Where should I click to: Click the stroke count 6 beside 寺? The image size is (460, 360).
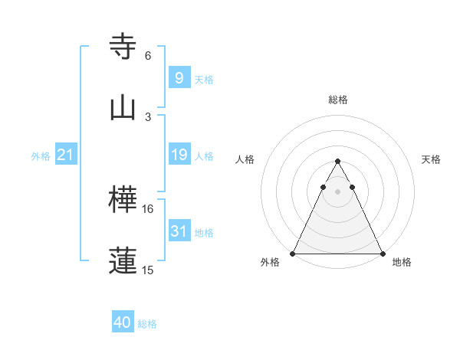pyautogui.click(x=148, y=55)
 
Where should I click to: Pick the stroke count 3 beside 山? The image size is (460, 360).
pyautogui.click(x=148, y=116)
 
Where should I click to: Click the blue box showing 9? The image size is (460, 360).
pyautogui.click(x=179, y=77)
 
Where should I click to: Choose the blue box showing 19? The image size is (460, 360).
pyautogui.click(x=179, y=155)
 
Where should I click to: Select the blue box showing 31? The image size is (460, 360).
pyautogui.click(x=179, y=231)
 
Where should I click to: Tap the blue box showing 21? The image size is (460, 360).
pyautogui.click(x=66, y=155)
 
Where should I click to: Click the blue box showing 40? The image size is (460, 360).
pyautogui.click(x=123, y=322)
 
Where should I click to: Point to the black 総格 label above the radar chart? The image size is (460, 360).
pyautogui.click(x=338, y=100)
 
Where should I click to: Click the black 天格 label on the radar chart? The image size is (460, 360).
pyautogui.click(x=432, y=159)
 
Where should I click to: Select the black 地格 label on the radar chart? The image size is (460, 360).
pyautogui.click(x=402, y=263)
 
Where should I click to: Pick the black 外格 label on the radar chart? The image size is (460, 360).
pyautogui.click(x=271, y=263)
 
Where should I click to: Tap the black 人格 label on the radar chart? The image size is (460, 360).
pyautogui.click(x=245, y=159)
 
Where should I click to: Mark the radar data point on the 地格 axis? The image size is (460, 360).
pyautogui.click(x=383, y=253)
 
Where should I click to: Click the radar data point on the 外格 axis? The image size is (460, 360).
pyautogui.click(x=293, y=253)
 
